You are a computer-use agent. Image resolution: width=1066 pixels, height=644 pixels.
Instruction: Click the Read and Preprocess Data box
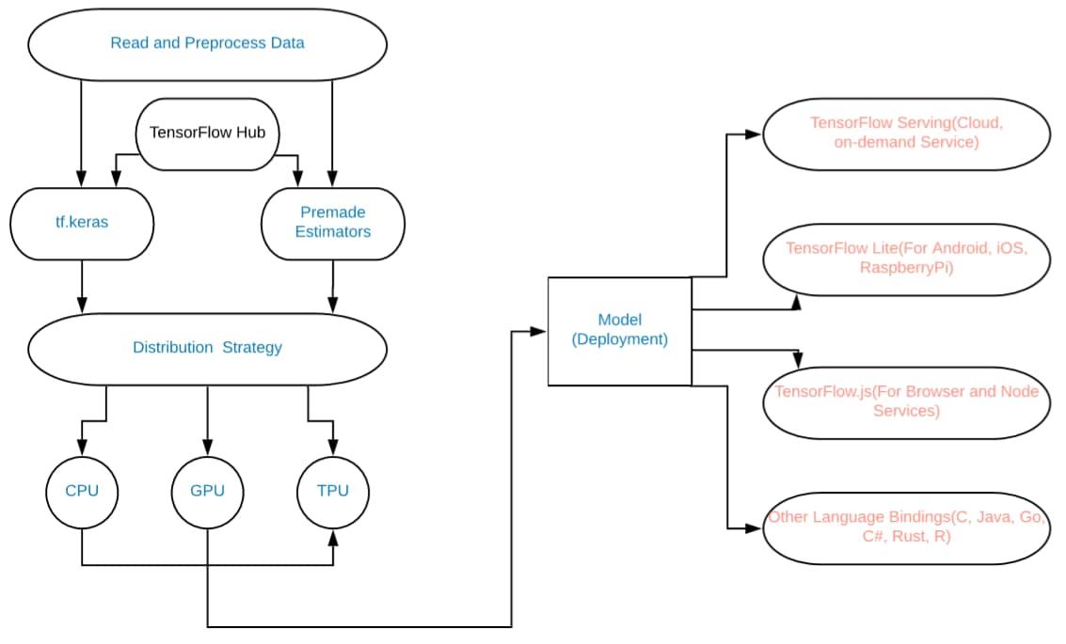point(207,43)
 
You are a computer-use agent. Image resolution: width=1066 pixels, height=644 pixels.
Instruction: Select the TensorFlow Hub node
point(207,133)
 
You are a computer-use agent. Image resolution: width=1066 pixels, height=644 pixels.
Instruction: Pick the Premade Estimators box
point(333,223)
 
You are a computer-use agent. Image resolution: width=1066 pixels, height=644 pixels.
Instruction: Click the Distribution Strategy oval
point(207,348)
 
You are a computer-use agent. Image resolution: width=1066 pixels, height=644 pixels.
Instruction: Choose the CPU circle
point(82,491)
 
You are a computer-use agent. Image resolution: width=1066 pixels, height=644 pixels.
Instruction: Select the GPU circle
point(207,491)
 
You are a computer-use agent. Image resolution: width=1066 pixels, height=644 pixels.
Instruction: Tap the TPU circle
point(333,491)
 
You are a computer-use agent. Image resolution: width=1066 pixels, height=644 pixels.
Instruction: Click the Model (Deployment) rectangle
point(619,331)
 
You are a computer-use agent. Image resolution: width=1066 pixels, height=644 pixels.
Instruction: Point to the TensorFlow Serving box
point(906,133)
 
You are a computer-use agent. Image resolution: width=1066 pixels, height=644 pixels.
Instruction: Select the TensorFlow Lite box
point(906,258)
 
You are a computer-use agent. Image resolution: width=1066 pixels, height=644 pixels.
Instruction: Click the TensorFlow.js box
point(906,402)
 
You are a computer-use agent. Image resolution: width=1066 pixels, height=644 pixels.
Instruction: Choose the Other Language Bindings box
point(906,527)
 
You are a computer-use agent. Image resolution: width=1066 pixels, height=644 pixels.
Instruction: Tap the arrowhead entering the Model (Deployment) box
point(540,331)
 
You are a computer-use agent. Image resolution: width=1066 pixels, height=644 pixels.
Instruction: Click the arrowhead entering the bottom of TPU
point(333,536)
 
